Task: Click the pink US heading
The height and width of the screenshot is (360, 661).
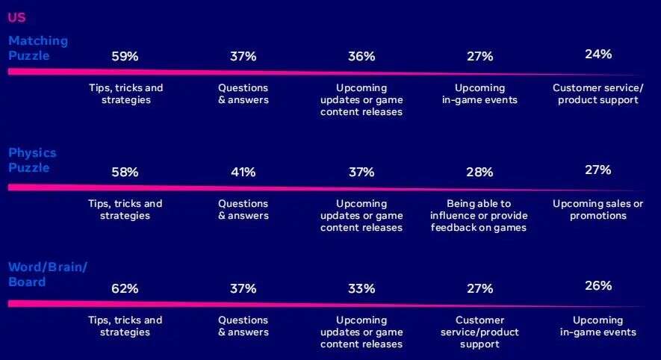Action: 16,17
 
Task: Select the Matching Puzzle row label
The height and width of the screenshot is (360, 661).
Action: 37,48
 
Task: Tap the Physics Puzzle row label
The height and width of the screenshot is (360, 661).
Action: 32,160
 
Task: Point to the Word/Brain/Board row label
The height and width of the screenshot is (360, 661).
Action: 47,275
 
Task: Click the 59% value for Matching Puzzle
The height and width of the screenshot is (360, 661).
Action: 125,56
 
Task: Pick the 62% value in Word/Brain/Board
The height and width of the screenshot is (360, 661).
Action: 125,288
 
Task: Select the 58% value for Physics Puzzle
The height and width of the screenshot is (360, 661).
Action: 125,172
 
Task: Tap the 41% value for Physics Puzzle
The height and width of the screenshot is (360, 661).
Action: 243,172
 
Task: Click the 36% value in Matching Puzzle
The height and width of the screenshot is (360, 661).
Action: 361,56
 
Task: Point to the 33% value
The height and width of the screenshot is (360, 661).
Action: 361,288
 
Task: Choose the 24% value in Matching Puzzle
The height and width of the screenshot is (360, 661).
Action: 598,54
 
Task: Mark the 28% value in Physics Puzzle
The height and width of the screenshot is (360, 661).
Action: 479,172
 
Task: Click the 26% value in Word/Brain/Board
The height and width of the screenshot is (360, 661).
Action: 598,285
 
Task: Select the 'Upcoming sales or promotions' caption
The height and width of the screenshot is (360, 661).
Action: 598,209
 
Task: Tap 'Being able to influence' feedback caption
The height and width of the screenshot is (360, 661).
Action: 479,215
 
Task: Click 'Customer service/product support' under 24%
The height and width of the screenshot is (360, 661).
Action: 598,93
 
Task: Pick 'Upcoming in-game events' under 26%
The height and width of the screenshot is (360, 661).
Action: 598,326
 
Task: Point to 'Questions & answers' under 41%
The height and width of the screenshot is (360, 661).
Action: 243,209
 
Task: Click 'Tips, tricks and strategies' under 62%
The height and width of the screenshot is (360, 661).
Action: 125,326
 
